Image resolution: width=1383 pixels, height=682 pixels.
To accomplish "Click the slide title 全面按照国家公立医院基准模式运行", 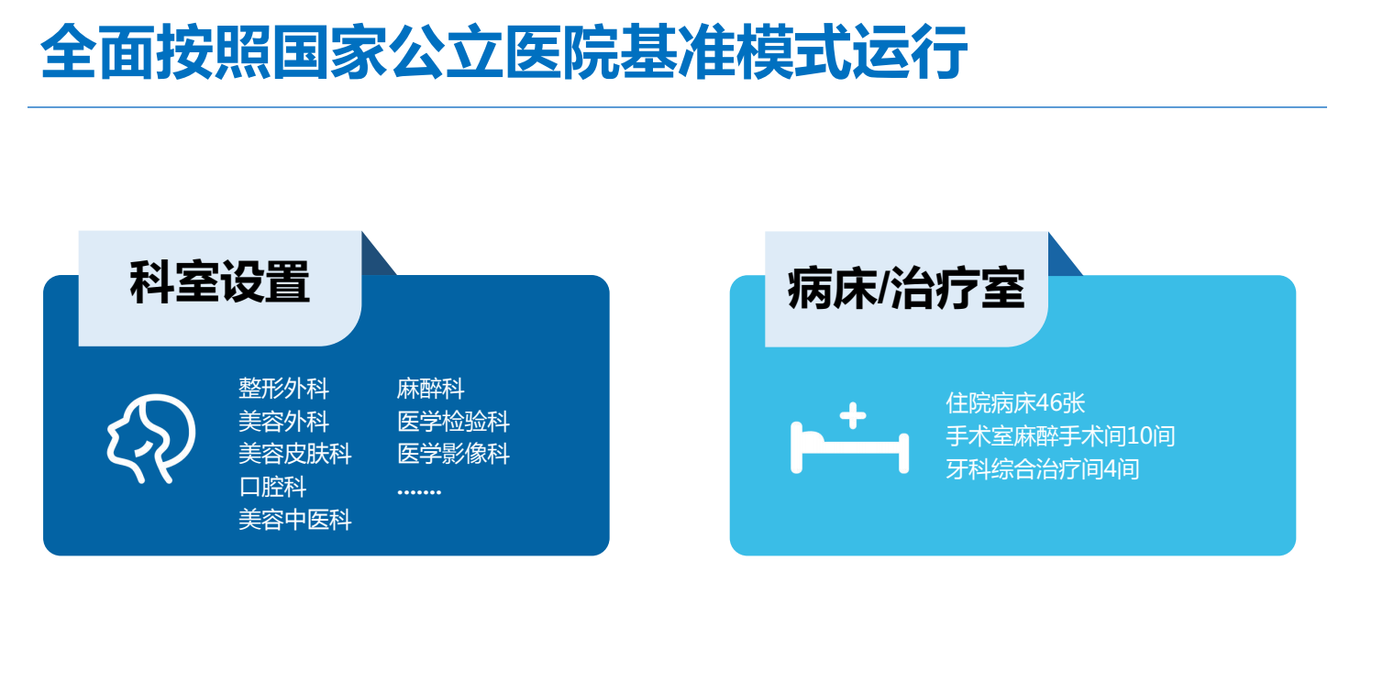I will coord(503,52).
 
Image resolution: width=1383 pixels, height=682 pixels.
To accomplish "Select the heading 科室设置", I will coord(219,282).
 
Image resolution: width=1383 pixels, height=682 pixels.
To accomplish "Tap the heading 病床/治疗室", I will coord(905,289).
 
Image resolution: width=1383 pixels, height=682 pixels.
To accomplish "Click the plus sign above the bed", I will coord(853,415).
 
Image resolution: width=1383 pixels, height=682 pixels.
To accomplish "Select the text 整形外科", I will coord(283,389).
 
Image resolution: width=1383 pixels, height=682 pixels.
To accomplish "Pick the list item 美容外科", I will coord(283,422).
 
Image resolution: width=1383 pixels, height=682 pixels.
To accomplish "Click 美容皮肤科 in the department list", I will coord(294,454).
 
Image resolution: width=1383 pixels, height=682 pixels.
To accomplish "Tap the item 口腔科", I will coord(272,487).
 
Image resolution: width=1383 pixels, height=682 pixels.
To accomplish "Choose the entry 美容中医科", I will coord(294,520).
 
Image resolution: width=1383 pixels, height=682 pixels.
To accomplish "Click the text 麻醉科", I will coord(430,389).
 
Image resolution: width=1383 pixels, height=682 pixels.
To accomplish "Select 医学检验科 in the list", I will coord(453,422).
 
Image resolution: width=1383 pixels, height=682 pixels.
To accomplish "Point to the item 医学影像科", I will coord(453,454).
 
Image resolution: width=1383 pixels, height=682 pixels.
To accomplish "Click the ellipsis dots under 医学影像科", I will coord(419,491).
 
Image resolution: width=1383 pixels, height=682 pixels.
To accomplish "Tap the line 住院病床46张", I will coord(1015,403).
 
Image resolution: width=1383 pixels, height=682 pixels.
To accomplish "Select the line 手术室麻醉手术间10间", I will coord(1059,436).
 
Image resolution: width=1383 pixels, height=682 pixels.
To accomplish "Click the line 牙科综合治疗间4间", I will coord(1042,469).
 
